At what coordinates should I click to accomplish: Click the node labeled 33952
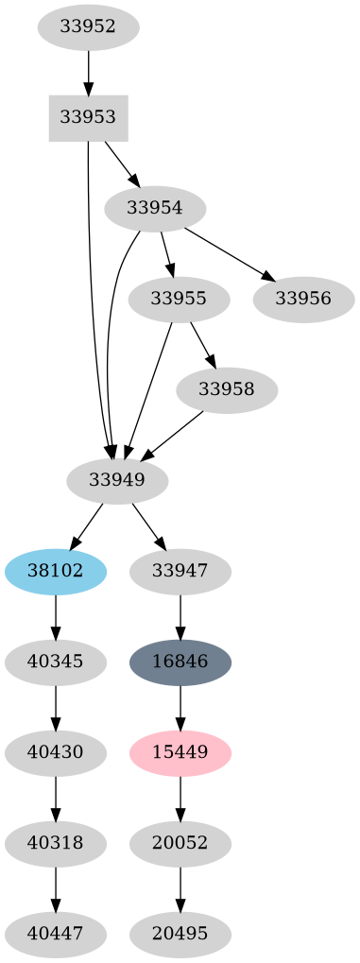tap(88, 27)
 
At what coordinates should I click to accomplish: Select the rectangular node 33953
tap(88, 118)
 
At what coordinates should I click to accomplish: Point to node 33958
tap(227, 389)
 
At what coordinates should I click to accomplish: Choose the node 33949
tap(117, 480)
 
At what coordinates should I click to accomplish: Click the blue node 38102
tap(56, 571)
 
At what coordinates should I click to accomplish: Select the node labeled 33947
tap(180, 571)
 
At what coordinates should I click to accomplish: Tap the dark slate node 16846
tap(180, 662)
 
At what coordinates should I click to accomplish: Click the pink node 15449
tap(180, 752)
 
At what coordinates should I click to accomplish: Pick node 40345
tap(56, 662)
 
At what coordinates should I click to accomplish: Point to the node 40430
tap(56, 752)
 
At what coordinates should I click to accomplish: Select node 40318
tap(56, 843)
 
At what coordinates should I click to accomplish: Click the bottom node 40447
tap(56, 934)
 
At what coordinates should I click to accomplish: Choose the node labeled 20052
tap(180, 843)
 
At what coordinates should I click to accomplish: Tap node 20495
tap(180, 934)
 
